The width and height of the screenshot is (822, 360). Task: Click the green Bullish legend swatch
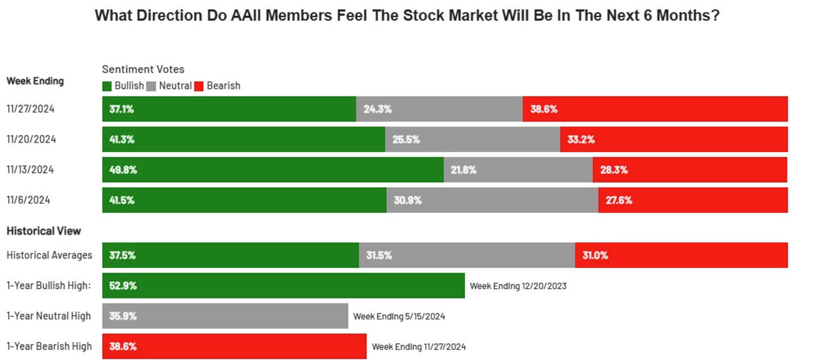[x=107, y=86]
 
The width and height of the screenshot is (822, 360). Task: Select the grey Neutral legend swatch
[x=151, y=86]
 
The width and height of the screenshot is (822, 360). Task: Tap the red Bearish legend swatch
[x=199, y=86]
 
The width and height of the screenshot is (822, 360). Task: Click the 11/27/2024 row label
[x=30, y=109]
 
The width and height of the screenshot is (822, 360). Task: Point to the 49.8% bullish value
[x=123, y=170]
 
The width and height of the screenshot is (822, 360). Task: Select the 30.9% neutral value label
[x=407, y=200]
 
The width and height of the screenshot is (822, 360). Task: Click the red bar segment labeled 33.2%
[x=674, y=140]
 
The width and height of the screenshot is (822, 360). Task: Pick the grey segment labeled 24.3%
[x=439, y=109]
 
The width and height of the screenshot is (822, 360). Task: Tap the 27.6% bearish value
[x=619, y=200]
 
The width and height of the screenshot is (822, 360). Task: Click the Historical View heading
[x=44, y=231]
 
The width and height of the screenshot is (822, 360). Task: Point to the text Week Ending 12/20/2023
[x=518, y=286]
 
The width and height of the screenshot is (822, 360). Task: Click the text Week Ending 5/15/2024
[x=399, y=316]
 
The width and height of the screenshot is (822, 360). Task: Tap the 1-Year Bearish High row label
[x=49, y=346]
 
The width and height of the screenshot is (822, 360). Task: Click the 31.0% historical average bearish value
[x=595, y=255]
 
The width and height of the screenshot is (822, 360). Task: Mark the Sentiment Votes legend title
[x=143, y=69]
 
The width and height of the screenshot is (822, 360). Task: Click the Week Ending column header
[x=35, y=81]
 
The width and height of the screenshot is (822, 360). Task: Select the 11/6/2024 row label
[x=28, y=200]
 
